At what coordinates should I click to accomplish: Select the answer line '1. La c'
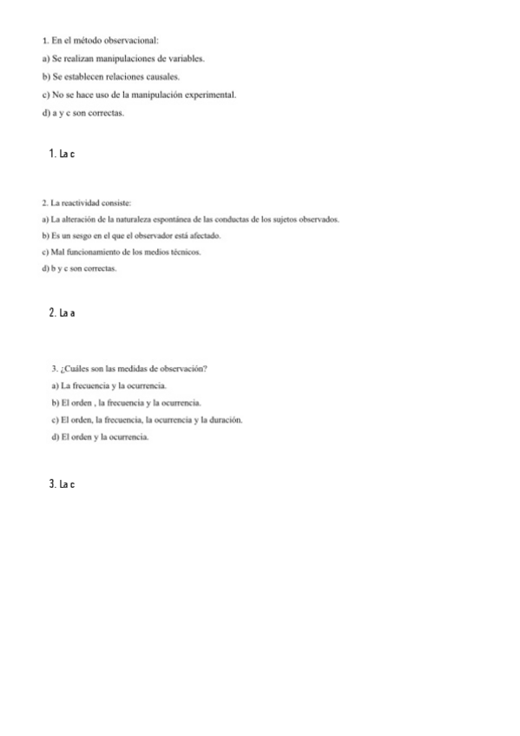[63, 154]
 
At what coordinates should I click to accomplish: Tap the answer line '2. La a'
[63, 313]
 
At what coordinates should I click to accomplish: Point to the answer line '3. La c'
[63, 483]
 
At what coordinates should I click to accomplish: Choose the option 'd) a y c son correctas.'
[82, 113]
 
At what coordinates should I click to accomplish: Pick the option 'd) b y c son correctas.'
[79, 269]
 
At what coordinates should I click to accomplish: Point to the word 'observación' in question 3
[182, 369]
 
